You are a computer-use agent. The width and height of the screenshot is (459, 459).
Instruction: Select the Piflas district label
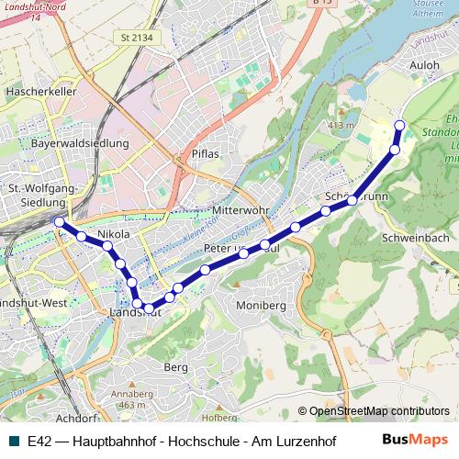206,153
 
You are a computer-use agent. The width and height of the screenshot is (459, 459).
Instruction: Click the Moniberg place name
262,305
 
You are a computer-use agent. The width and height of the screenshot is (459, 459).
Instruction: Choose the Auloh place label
426,66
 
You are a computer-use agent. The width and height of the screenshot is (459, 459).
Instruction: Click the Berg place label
175,366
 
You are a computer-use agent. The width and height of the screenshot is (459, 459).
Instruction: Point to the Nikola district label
106,235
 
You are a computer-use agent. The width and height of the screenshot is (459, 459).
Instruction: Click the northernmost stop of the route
399,126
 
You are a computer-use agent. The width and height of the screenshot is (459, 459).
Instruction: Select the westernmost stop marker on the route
60,222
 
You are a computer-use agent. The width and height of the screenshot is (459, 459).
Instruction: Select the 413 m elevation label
341,125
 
